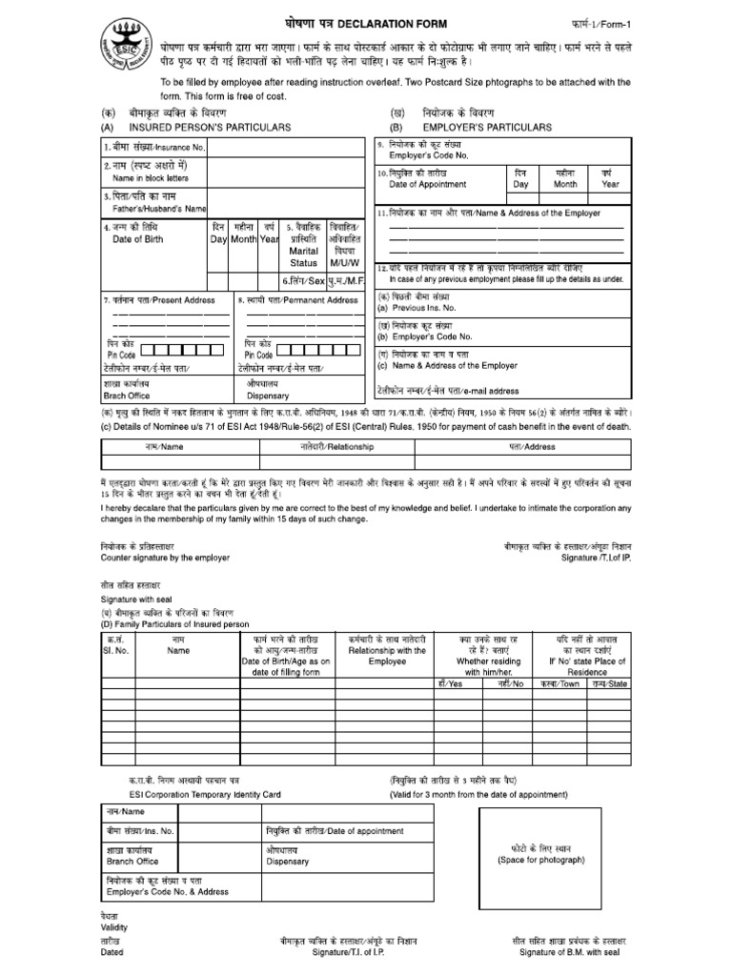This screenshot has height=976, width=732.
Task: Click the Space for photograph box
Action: [540, 854]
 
